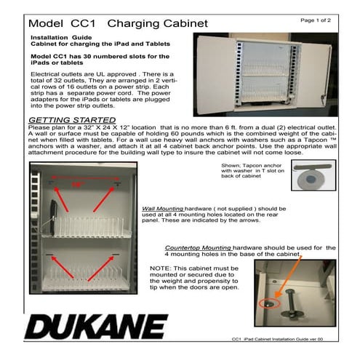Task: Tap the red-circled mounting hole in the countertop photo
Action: click(268, 301)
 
